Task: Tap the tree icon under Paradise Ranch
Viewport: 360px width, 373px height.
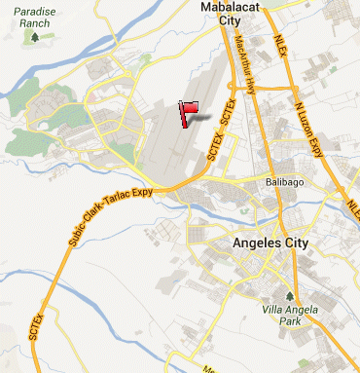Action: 36,38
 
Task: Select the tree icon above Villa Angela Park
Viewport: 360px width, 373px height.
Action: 288,295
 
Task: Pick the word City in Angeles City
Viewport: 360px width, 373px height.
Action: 305,242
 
